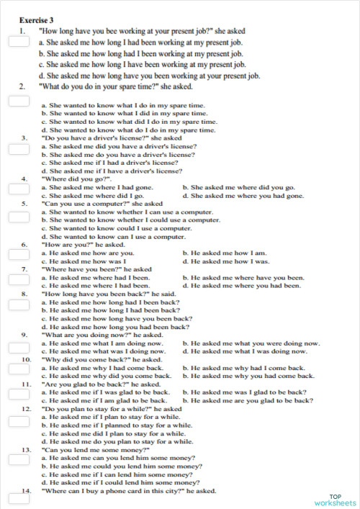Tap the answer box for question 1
(x=18, y=42)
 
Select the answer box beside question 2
(x=18, y=100)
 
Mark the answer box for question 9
(x=18, y=347)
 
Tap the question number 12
(x=26, y=408)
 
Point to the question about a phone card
(x=128, y=491)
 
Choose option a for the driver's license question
(x=119, y=146)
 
